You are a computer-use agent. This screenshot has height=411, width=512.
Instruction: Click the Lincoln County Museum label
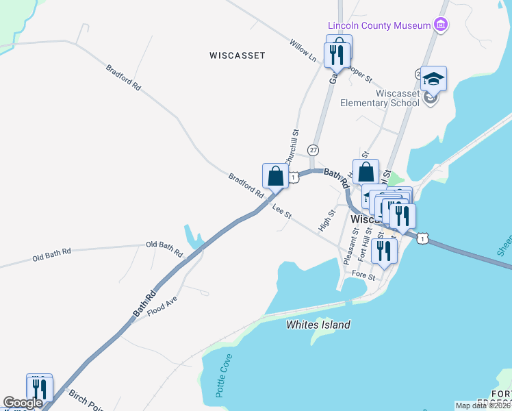click(379, 26)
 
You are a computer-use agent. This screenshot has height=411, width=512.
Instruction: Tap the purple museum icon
click(441, 26)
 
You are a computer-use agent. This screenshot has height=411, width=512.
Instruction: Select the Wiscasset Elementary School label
click(381, 99)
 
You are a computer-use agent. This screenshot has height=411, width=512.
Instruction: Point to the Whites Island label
click(318, 325)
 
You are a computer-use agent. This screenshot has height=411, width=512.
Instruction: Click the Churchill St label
click(292, 146)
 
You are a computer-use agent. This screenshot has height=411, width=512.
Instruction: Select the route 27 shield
click(313, 149)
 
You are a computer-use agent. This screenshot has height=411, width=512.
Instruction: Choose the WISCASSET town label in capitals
click(238, 55)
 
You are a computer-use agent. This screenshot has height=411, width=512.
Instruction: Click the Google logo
click(23, 403)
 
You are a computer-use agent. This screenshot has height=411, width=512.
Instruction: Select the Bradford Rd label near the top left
click(123, 78)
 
